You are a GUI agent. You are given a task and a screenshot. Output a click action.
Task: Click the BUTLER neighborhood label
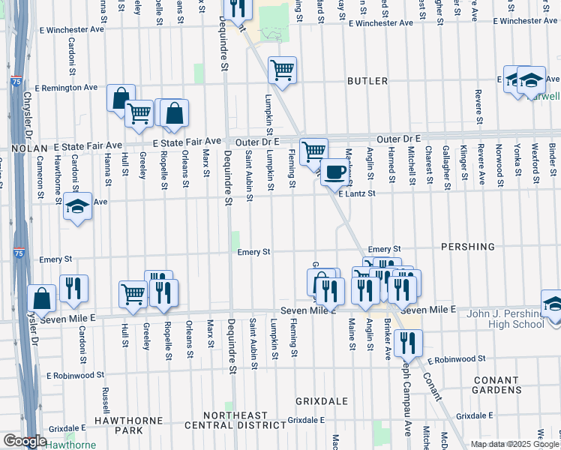[x=367, y=81]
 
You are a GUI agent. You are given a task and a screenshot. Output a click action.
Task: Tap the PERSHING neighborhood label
[x=468, y=247]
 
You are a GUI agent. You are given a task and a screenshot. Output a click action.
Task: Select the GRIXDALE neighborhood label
[x=319, y=400]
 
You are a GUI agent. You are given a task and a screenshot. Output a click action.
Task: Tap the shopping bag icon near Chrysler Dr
[x=42, y=298]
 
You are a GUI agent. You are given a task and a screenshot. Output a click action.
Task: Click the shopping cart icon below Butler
[x=282, y=70]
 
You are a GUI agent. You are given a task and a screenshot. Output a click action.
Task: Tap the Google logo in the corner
[x=25, y=441]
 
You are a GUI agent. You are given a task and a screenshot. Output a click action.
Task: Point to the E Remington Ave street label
[x=70, y=88]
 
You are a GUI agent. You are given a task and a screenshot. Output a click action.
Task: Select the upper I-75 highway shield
[x=16, y=82]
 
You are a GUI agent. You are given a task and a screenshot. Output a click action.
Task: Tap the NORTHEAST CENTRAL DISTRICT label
[x=247, y=421]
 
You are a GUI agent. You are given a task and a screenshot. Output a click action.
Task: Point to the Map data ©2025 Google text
[x=514, y=444]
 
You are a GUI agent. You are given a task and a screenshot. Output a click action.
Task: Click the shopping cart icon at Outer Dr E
[x=313, y=151]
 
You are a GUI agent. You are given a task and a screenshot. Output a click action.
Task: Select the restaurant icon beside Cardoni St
[x=74, y=288]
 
